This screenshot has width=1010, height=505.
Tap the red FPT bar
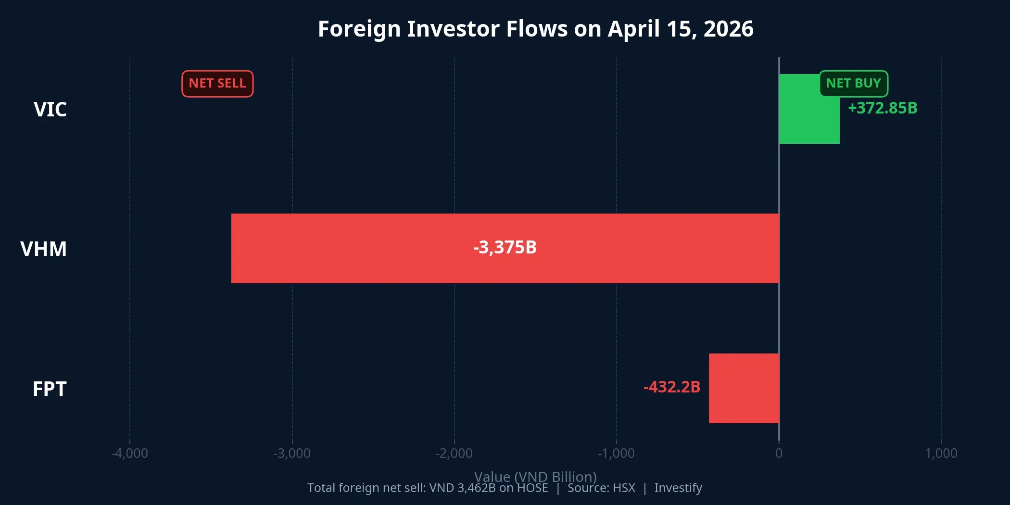pyautogui.click(x=744, y=388)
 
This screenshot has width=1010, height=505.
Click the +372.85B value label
pyautogui.click(x=882, y=108)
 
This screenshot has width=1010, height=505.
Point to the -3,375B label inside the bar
pyautogui.click(x=505, y=247)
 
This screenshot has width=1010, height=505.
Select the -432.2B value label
pyautogui.click(x=672, y=387)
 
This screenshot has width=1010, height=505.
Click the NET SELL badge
pyautogui.click(x=217, y=84)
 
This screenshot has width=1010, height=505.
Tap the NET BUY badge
pyautogui.click(x=853, y=84)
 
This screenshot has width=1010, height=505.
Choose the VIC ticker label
pyautogui.click(x=50, y=110)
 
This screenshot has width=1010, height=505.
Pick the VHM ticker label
pyautogui.click(x=43, y=249)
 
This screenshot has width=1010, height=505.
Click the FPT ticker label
pyautogui.click(x=50, y=389)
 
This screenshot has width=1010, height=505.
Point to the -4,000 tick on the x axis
pyautogui.click(x=130, y=453)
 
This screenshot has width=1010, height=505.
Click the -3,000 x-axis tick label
pyautogui.click(x=292, y=453)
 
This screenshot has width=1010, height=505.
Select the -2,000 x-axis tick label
pyautogui.click(x=454, y=453)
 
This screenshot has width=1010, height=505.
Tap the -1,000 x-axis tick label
pyautogui.click(x=616, y=453)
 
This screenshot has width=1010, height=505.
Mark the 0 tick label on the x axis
pyautogui.click(x=779, y=453)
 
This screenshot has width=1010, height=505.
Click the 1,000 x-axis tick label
pyautogui.click(x=941, y=453)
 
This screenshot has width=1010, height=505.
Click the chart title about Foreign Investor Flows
pyautogui.click(x=535, y=29)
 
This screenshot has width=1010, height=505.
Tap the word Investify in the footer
pyautogui.click(x=678, y=488)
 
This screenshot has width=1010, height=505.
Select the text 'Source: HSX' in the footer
pyautogui.click(x=601, y=488)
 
